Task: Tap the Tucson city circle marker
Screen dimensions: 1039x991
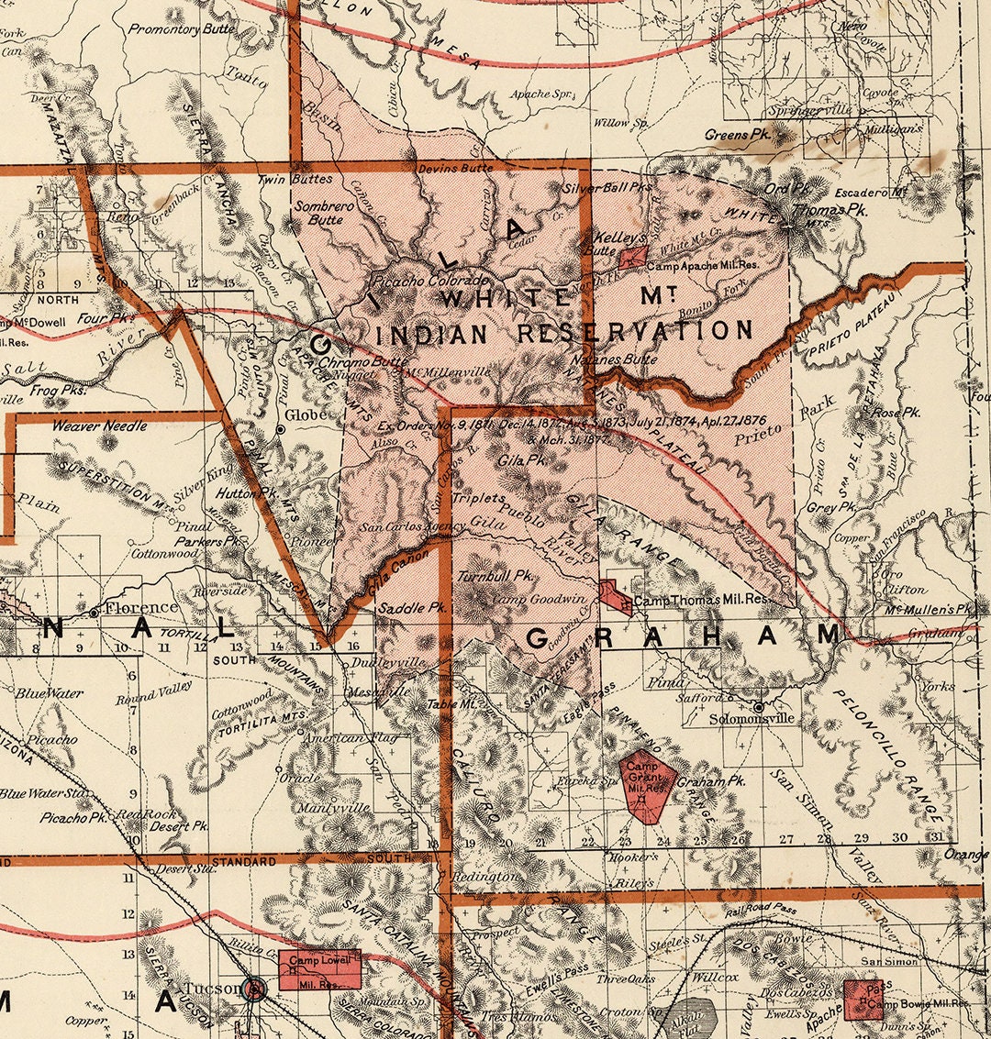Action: tap(256, 989)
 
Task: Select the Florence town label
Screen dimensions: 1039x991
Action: tap(140, 607)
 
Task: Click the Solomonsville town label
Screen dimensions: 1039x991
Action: tap(752, 719)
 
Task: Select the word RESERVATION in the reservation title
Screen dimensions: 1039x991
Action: tap(635, 331)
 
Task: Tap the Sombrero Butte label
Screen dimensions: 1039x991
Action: tap(324, 213)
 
